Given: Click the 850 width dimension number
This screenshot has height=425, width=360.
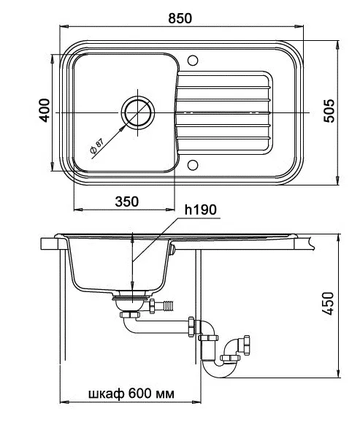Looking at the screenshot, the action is coord(180,18).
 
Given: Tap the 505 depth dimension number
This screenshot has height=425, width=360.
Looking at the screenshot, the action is coord(329,112).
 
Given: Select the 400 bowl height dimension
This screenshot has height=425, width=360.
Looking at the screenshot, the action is coord(45,110).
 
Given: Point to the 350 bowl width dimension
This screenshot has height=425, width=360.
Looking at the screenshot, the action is coord(127,202).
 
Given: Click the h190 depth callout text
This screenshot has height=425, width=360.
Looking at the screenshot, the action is coord(200,210).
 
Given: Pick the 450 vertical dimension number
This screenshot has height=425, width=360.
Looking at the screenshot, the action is coord(328,304).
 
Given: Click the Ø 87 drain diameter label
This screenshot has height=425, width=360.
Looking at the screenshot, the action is coord(96,146).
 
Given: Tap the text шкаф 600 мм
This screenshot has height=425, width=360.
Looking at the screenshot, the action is coord(131,394).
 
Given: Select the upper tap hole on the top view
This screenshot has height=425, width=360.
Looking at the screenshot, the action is coord(193,61).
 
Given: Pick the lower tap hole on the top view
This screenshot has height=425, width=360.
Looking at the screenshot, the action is coord(193,165).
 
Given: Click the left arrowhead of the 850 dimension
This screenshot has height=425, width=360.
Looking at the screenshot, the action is coord(63,26).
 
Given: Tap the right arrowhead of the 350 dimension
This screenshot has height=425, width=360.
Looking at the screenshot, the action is coord(170,210).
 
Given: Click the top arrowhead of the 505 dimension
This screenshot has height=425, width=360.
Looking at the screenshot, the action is coord(338,45).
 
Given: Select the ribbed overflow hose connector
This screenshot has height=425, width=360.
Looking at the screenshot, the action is coord(169,305).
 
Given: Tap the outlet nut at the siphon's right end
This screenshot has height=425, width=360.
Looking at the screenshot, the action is coord(247,345).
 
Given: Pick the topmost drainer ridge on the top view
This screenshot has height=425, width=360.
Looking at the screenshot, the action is coord(223,88).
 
